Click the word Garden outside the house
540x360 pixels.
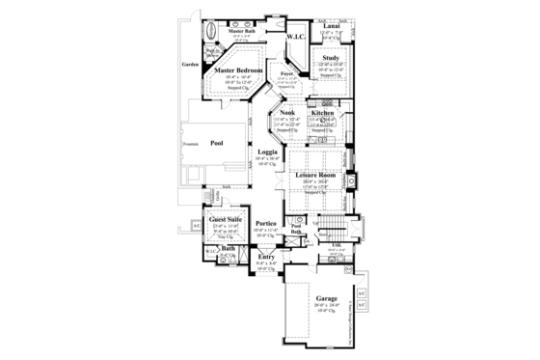coord(189,66)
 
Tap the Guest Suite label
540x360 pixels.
coord(223,220)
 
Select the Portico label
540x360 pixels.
coord(267,224)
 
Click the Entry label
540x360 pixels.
coord(265,257)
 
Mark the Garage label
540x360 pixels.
coord(326,299)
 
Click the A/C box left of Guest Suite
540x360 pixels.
coord(196,225)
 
